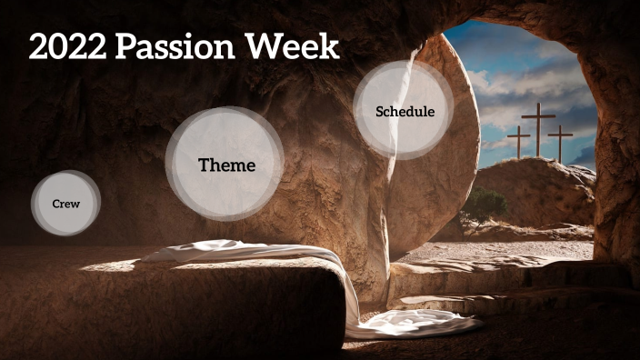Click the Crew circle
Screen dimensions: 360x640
click(65, 203)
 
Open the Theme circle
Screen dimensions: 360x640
click(225, 165)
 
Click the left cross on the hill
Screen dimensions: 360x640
click(518, 143)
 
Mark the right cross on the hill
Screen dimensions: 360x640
click(560, 143)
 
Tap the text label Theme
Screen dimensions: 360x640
click(226, 165)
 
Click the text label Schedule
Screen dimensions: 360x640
click(405, 112)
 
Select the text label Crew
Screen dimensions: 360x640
click(65, 204)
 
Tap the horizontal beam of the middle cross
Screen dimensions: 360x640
click(538, 116)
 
